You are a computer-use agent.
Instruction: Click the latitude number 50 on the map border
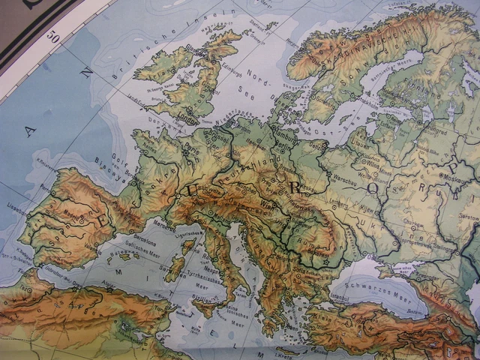51,36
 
